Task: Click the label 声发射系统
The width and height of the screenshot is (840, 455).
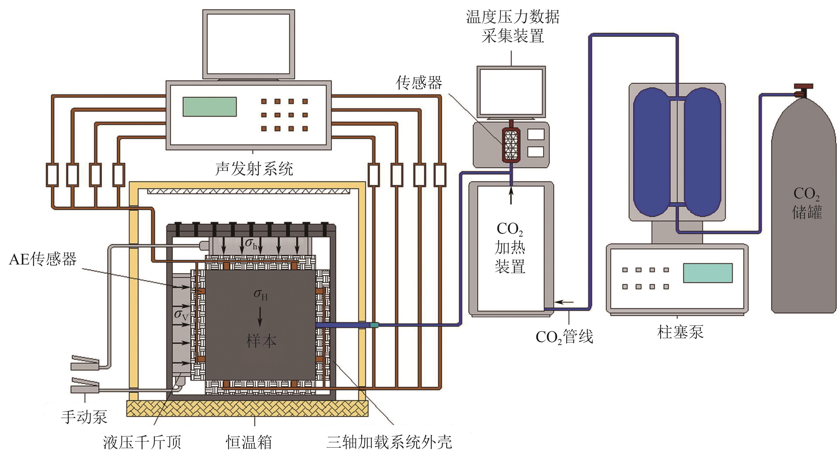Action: click(254, 169)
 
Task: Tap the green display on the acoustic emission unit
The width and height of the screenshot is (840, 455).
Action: click(209, 107)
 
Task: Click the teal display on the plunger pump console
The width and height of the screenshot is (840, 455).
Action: click(708, 273)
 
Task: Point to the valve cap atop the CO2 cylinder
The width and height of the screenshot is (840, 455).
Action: click(803, 87)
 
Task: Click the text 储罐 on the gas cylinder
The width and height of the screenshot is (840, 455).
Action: click(807, 212)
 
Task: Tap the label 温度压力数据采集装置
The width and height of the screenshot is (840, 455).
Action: click(513, 26)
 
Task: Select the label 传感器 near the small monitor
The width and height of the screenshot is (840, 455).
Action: click(419, 83)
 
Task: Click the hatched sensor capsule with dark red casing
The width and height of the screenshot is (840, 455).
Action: click(511, 145)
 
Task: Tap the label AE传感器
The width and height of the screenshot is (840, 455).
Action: click(43, 259)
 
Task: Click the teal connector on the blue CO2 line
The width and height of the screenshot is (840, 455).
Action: click(374, 325)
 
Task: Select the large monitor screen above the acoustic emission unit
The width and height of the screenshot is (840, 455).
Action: click(248, 44)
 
